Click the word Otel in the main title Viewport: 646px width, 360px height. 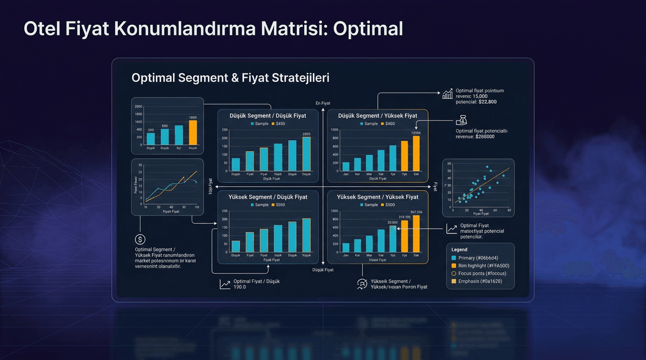click(x=38, y=29)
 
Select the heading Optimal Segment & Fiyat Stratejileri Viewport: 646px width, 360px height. click(x=230, y=77)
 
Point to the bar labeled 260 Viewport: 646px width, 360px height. click(x=151, y=139)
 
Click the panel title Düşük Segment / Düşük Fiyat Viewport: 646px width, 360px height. click(x=268, y=116)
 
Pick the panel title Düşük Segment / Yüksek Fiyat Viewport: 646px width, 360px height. click(x=377, y=116)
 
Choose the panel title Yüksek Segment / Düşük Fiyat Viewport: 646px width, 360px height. click(x=268, y=197)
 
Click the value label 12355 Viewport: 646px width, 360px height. click(x=416, y=133)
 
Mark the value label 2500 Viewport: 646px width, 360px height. click(x=306, y=134)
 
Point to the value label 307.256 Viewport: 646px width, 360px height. click(x=416, y=212)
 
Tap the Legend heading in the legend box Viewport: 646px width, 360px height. click(x=459, y=249)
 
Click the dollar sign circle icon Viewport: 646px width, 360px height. click(x=140, y=239)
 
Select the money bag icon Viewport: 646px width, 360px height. click(x=462, y=121)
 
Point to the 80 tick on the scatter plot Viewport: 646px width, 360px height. click(x=509, y=210)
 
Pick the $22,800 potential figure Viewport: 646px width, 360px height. click(x=484, y=102)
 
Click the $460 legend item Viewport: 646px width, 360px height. click(x=388, y=124)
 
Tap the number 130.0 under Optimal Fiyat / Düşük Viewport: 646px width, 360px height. click(x=240, y=287)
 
